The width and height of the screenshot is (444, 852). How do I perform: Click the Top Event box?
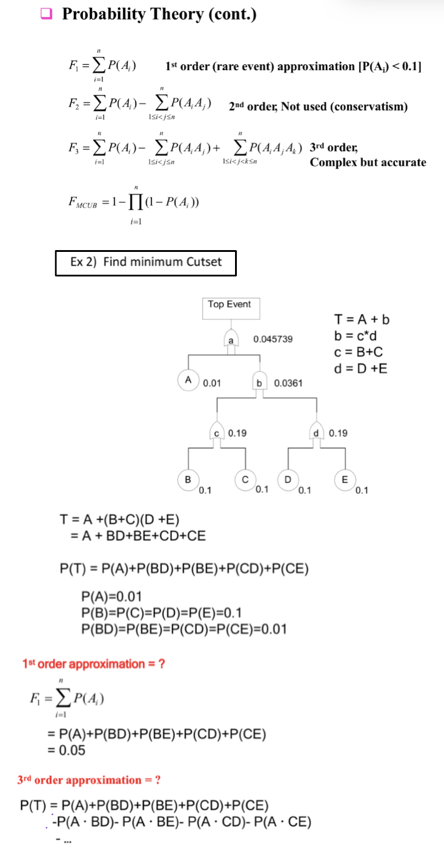tap(229, 308)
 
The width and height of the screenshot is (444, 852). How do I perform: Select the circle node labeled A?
tap(188, 380)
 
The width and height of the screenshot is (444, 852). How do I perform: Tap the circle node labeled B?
tap(187, 478)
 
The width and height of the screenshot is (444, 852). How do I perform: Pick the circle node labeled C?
tap(245, 478)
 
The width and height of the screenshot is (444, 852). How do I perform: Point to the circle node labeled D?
tap(288, 478)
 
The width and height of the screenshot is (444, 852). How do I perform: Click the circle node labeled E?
tap(345, 478)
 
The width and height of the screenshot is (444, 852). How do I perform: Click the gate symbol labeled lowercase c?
tap(216, 433)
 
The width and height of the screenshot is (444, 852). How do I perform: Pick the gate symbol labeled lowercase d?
tap(316, 433)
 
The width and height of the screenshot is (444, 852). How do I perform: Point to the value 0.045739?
tap(273, 339)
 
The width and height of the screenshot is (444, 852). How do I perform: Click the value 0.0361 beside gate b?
tap(288, 383)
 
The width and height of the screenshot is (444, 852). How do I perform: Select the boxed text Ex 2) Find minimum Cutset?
tap(146, 262)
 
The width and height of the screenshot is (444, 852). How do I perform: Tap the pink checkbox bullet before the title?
tap(47, 14)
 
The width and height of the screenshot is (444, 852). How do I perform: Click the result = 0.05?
tap(66, 749)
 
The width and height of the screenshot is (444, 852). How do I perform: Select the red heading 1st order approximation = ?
tap(94, 664)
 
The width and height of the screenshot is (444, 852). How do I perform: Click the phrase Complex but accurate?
tap(368, 162)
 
